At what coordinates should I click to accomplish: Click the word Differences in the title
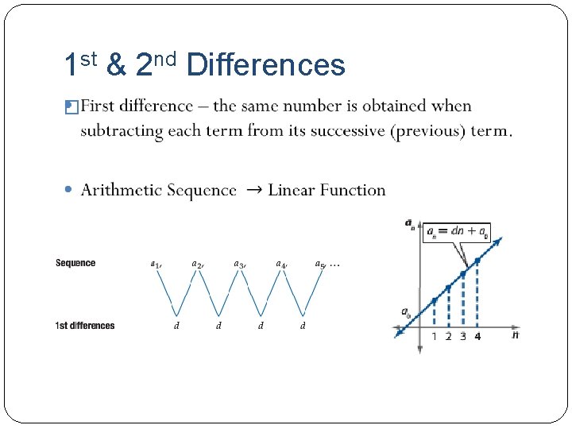[265, 65]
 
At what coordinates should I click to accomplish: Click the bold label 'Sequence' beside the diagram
[75, 263]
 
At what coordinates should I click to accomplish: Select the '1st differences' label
[85, 326]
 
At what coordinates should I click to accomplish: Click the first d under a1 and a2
[176, 326]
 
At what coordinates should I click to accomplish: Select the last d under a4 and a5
[303, 326]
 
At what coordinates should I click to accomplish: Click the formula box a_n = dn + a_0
[457, 232]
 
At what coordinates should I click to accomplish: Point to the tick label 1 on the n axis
[434, 337]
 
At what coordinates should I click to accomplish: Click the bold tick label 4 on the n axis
[477, 337]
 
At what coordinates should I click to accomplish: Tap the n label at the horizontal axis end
[516, 335]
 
